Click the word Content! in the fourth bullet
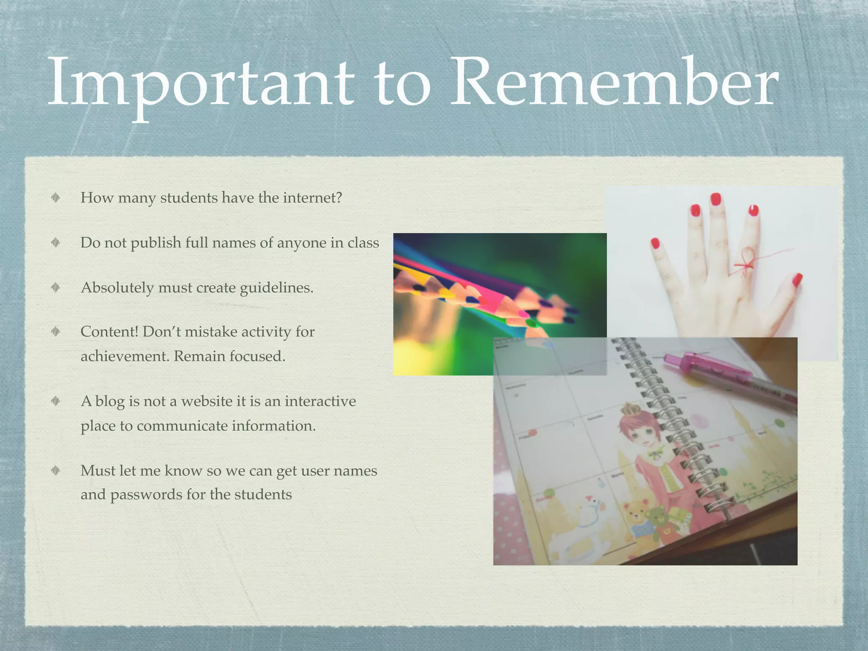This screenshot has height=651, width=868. coord(109,331)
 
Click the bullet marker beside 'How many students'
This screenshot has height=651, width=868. coord(56,198)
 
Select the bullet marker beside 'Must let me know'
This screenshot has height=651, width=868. coord(56,470)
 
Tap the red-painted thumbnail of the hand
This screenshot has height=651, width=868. coord(797,280)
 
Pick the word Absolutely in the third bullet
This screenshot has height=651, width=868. coord(117,288)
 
